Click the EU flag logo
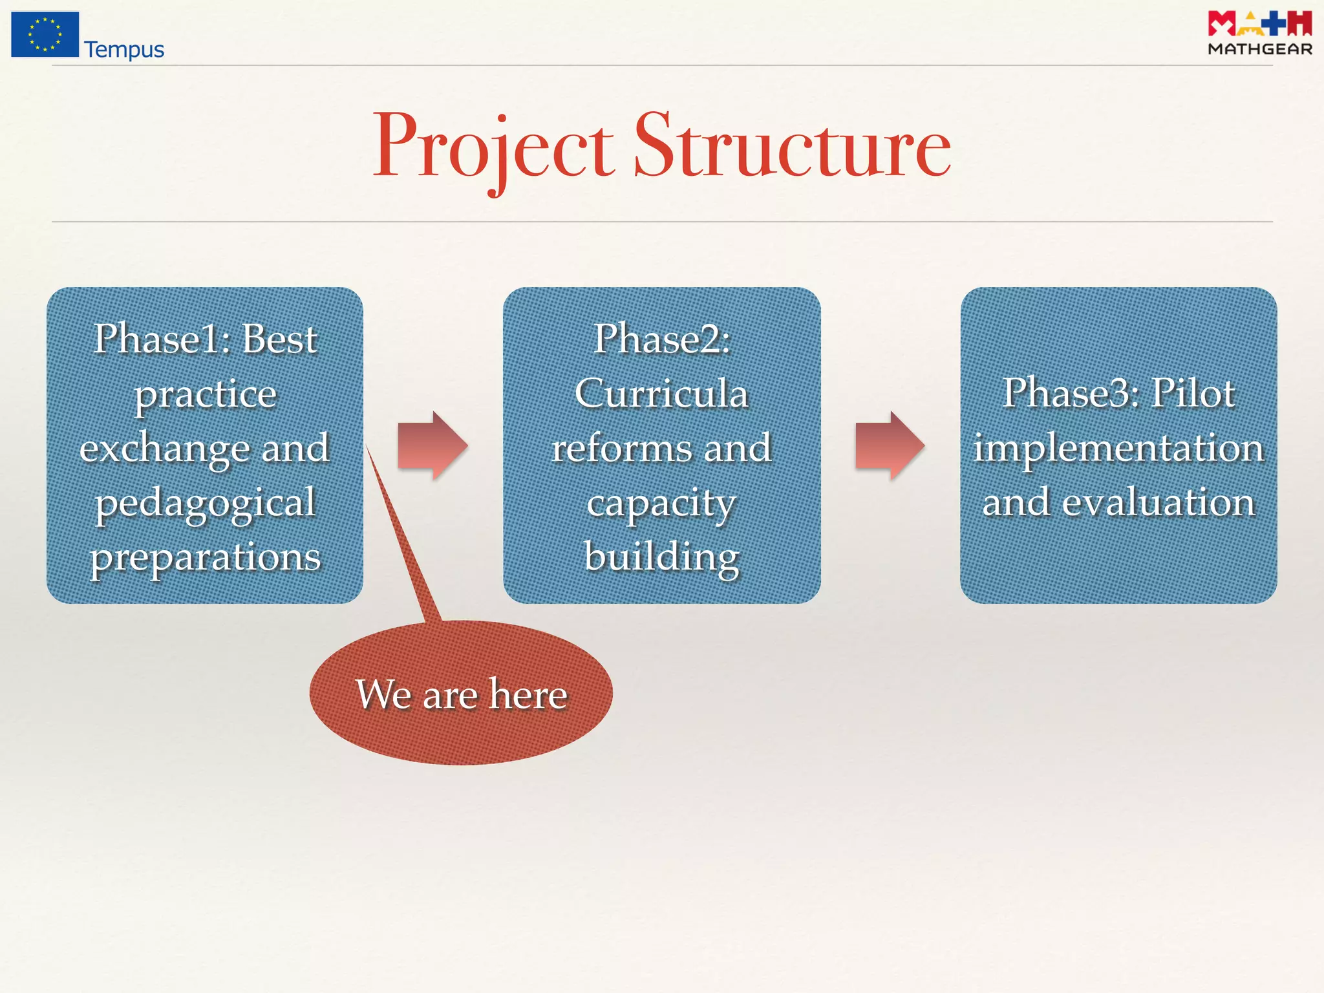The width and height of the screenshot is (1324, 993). click(x=45, y=34)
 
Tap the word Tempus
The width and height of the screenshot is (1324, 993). click(x=124, y=50)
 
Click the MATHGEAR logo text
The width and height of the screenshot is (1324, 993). click(x=1259, y=49)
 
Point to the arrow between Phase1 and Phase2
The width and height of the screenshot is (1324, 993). click(x=432, y=445)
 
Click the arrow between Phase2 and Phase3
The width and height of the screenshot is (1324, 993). click(x=890, y=445)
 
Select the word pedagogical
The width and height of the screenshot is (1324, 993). click(x=206, y=503)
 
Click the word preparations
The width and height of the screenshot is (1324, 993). click(x=206, y=557)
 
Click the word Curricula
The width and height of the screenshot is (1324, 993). click(x=662, y=393)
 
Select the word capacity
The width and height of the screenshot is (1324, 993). click(x=662, y=503)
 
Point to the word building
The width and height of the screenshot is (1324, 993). click(x=662, y=556)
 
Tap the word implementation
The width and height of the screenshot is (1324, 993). click(x=1118, y=447)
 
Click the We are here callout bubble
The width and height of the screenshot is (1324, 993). click(x=461, y=694)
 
